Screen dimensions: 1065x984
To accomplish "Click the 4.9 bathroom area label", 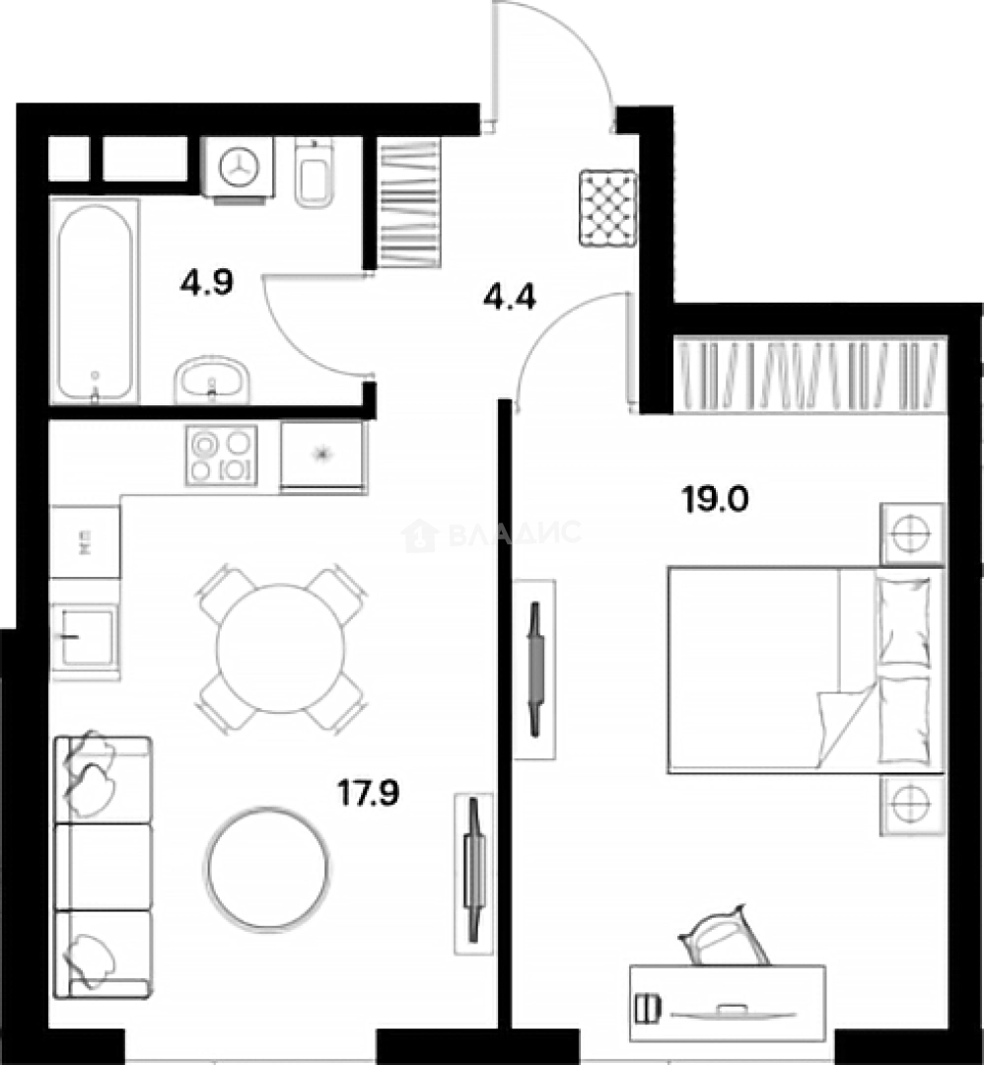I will (206, 284).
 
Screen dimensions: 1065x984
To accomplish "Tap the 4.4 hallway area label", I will (509, 296).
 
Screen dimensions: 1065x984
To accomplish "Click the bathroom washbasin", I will (212, 379).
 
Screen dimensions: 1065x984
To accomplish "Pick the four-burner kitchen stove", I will (221, 455).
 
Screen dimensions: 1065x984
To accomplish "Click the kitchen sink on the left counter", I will (84, 637).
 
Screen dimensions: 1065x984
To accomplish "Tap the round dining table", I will (280, 648).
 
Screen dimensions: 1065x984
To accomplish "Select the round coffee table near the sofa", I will (267, 868).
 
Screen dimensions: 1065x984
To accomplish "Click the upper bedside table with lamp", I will (912, 533).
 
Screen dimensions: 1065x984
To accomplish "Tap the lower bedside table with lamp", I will (912, 805).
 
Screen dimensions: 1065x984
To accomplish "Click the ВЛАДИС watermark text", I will (514, 533).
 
